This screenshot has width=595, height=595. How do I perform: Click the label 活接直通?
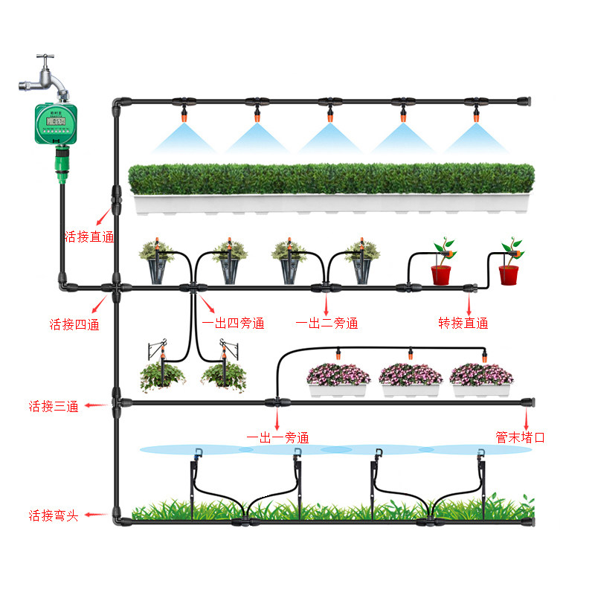pos(89,237)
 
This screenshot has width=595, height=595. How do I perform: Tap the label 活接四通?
pos(74,324)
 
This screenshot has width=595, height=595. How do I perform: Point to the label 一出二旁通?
pos(327,324)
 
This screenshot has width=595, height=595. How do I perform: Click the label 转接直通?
pos(463,323)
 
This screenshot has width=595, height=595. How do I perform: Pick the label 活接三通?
pos(53,406)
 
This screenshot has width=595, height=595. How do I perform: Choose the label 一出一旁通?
pos(277,438)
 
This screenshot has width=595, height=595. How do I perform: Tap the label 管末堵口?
pos(521,437)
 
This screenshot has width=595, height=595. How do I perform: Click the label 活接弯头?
pos(53,515)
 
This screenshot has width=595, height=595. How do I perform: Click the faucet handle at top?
pos(47,57)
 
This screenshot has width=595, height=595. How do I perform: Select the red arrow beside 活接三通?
pos(94,406)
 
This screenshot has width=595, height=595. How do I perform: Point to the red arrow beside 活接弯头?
pos(94,515)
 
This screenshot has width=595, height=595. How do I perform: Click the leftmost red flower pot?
pos(443,274)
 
